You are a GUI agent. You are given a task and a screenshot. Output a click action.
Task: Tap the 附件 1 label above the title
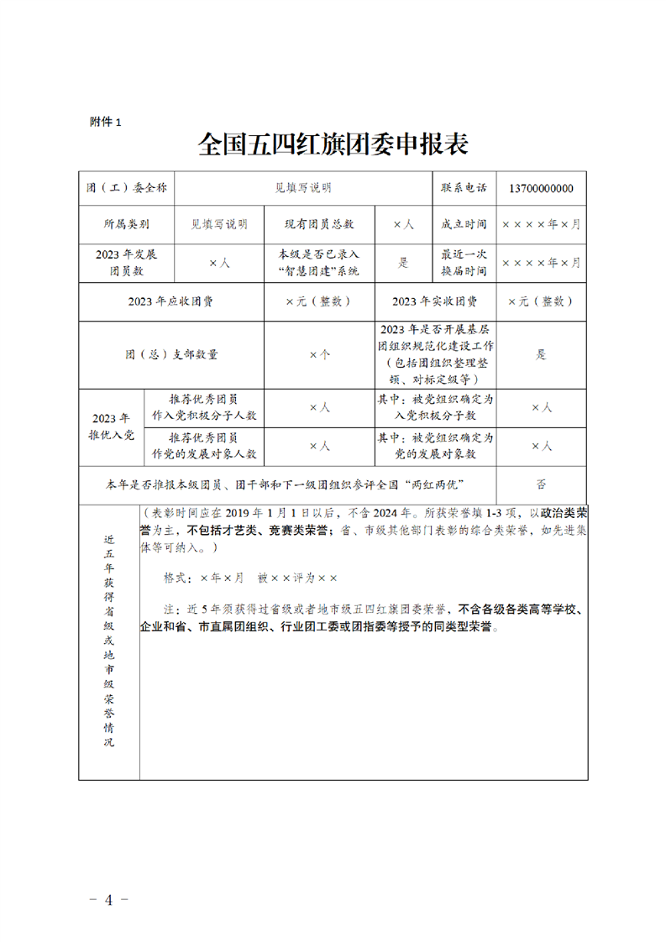pyautogui.click(x=106, y=122)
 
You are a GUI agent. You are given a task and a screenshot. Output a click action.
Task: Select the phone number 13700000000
pyautogui.click(x=541, y=188)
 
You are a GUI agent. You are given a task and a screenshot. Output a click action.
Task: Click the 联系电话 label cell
pyautogui.click(x=464, y=188)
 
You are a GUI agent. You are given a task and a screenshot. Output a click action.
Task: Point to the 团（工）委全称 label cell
pyautogui.click(x=127, y=188)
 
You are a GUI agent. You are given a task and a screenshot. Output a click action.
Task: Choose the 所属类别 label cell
pyautogui.click(x=127, y=225)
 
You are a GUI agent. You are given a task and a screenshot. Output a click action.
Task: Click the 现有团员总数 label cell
pyautogui.click(x=319, y=225)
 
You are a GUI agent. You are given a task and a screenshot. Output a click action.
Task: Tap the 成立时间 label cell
pyautogui.click(x=464, y=225)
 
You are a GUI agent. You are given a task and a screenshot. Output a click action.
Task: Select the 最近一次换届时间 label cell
pyautogui.click(x=464, y=262)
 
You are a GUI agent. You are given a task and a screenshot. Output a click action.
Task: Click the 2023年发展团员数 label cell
pyautogui.click(x=127, y=262)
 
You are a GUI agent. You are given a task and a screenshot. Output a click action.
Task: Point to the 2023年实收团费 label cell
pyautogui.click(x=434, y=301)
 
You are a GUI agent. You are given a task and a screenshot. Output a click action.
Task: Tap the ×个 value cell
pyautogui.click(x=319, y=354)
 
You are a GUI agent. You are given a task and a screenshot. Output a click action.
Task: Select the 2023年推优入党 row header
pyautogui.click(x=112, y=427)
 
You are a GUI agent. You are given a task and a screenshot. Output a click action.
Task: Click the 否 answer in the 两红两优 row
pyautogui.click(x=541, y=484)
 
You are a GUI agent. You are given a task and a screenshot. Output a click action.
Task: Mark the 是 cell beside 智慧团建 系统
pyautogui.click(x=403, y=262)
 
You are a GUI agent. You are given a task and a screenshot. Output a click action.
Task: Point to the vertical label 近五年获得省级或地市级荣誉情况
pyautogui.click(x=109, y=642)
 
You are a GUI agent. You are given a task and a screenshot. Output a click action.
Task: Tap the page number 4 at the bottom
pyautogui.click(x=108, y=901)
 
